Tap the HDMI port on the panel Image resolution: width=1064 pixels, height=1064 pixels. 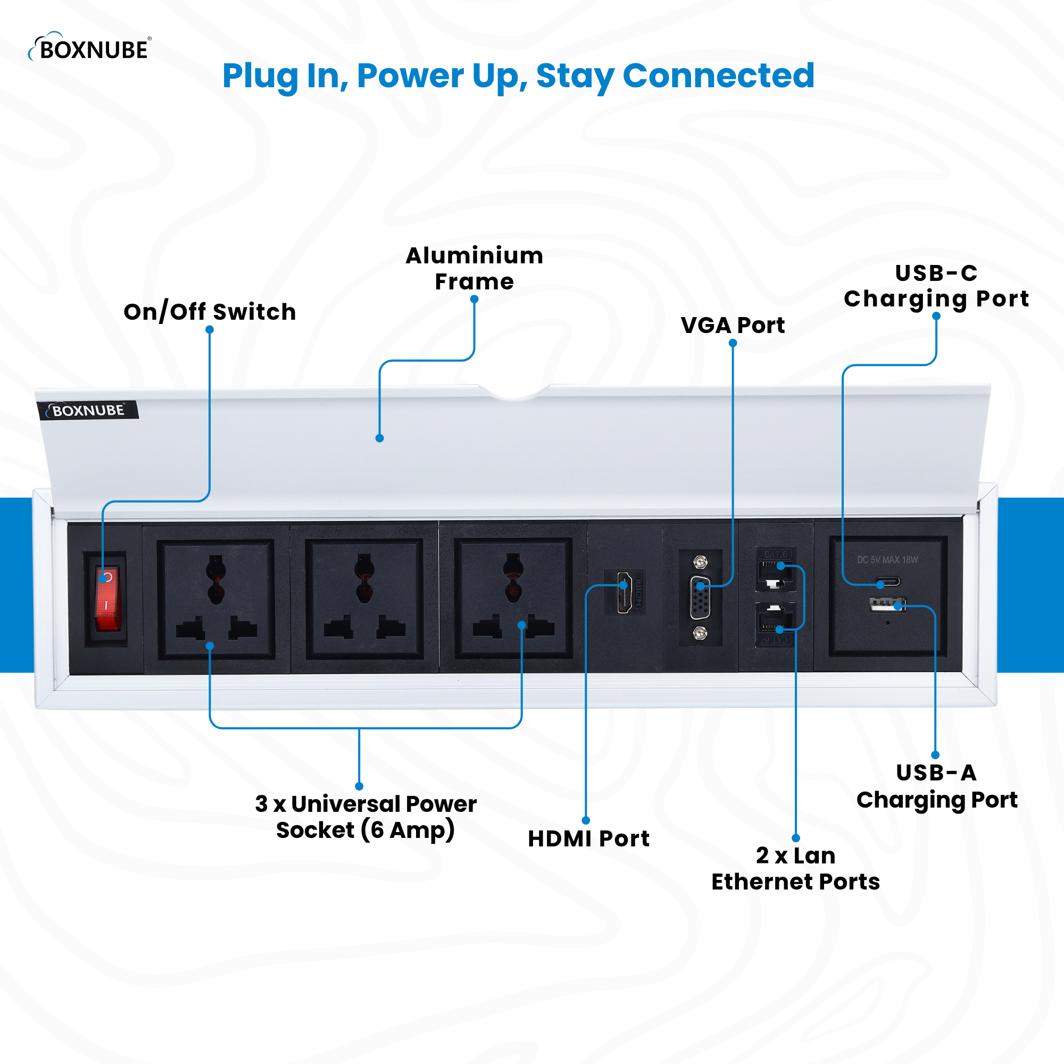tap(625, 592)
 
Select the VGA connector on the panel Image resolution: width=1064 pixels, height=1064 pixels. tap(700, 597)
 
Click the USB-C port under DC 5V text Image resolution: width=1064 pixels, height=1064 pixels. tap(888, 581)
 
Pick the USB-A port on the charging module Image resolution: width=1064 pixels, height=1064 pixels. tap(887, 605)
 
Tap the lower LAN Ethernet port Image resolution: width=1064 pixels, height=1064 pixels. tap(776, 621)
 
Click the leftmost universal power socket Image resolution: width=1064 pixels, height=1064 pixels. tap(216, 599)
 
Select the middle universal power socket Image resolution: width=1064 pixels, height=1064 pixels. tap(364, 598)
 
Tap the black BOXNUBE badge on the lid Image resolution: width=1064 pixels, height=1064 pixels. tap(88, 410)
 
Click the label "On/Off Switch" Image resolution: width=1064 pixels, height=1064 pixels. tap(210, 312)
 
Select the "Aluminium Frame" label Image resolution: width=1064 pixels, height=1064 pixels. tap(474, 268)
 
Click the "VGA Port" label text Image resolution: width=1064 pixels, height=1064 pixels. tap(733, 326)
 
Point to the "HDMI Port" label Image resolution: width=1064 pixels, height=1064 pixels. tap(588, 839)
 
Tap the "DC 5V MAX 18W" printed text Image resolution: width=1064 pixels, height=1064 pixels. tap(887, 560)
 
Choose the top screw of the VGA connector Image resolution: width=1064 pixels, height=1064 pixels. tap(700, 562)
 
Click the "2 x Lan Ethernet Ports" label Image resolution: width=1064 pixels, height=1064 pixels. tap(795, 869)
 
